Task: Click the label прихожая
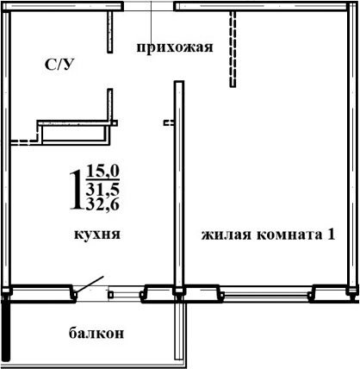[x=174, y=47]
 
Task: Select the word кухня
[x=96, y=234]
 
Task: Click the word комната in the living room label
[x=285, y=234]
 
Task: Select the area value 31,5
[x=102, y=189]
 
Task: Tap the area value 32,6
[x=102, y=204]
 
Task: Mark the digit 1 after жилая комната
[x=330, y=234]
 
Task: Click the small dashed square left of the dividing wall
[x=168, y=123]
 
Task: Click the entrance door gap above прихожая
[x=151, y=6]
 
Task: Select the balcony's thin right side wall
[x=179, y=332]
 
